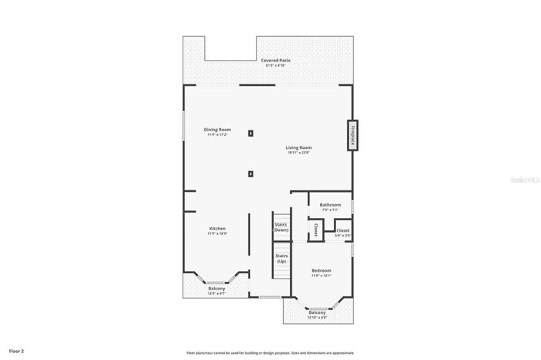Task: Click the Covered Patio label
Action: click(x=275, y=60)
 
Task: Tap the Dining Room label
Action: click(x=217, y=130)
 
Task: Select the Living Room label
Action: click(x=299, y=147)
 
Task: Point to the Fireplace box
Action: click(x=352, y=136)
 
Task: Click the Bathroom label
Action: click(x=330, y=205)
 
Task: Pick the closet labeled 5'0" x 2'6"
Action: click(x=342, y=231)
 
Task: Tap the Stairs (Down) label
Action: click(x=281, y=227)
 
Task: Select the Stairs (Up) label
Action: click(x=281, y=259)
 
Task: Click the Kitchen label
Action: click(x=217, y=229)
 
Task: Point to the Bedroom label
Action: click(x=321, y=271)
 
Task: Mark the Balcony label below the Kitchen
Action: click(x=216, y=289)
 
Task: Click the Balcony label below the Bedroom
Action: click(x=317, y=312)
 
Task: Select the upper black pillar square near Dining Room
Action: click(x=250, y=134)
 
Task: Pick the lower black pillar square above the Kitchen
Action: click(x=250, y=173)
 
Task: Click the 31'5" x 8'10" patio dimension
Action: click(x=275, y=65)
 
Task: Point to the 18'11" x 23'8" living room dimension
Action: click(x=299, y=153)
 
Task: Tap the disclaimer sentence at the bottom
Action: click(x=270, y=352)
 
